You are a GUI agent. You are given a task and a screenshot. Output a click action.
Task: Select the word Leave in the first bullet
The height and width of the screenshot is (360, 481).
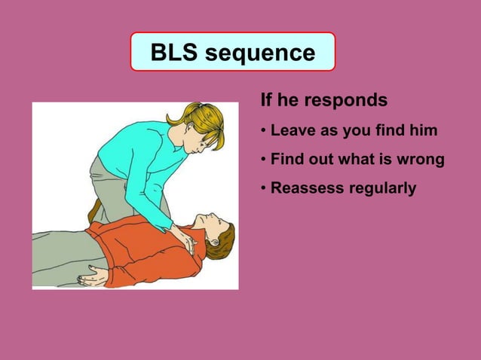293,131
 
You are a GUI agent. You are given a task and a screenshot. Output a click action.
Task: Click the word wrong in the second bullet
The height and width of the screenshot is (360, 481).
420,160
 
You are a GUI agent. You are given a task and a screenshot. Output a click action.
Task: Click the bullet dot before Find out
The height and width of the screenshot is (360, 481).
263,160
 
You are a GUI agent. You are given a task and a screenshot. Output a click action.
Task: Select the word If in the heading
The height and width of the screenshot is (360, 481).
265,99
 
